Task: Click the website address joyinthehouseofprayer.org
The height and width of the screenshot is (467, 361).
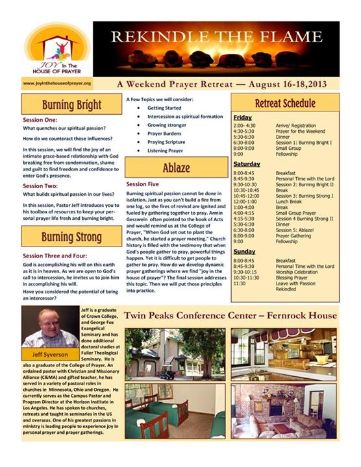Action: click(x=56, y=84)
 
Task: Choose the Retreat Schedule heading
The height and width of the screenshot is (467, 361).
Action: click(x=285, y=104)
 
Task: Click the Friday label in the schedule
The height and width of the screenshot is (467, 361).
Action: click(x=242, y=117)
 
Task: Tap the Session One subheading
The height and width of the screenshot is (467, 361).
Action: click(x=40, y=120)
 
